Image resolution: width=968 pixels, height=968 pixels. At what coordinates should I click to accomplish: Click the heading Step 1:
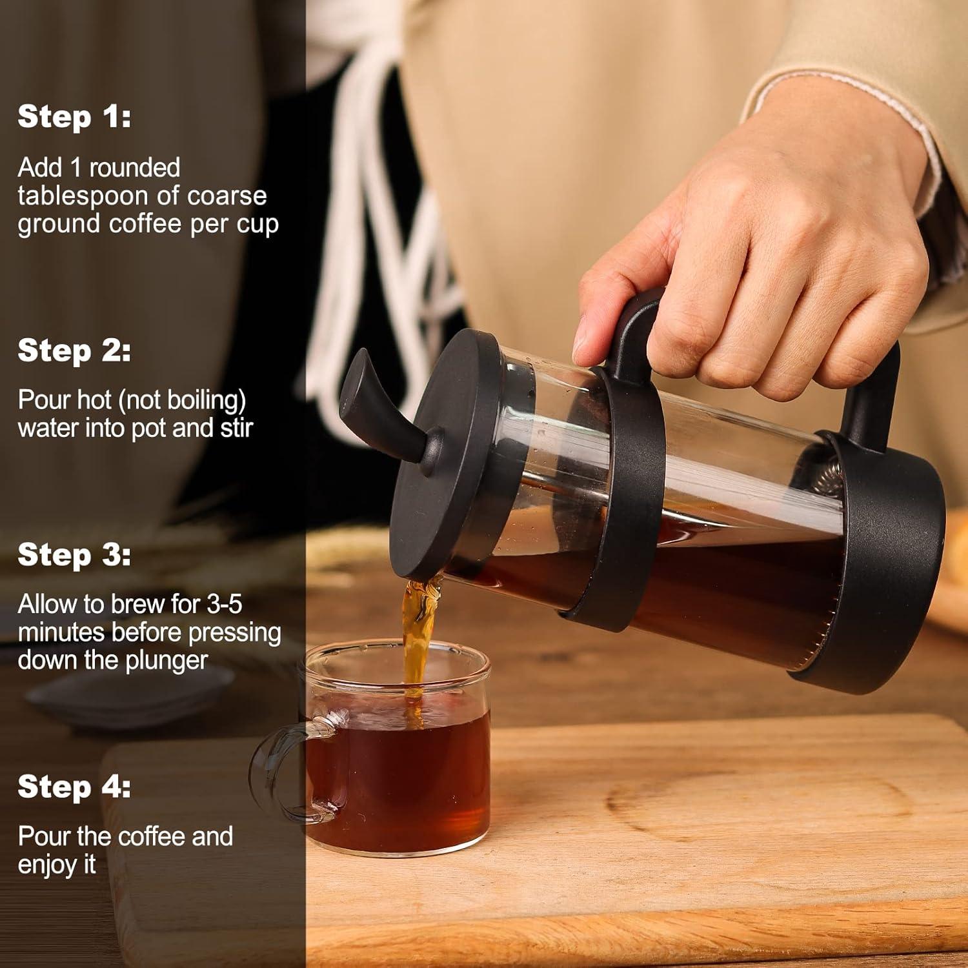coord(74,117)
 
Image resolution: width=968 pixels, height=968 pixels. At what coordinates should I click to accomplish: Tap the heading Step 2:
coord(74,350)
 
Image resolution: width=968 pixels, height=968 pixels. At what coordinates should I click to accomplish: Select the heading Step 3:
coord(74,555)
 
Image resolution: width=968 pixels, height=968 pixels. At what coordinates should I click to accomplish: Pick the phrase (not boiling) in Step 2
coord(181,400)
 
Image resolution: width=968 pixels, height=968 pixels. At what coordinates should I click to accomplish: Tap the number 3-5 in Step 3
coord(224,605)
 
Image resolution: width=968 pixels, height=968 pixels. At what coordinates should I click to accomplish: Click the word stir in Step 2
coord(236,428)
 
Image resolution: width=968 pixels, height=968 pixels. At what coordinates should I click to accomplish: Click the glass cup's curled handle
coord(284,768)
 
